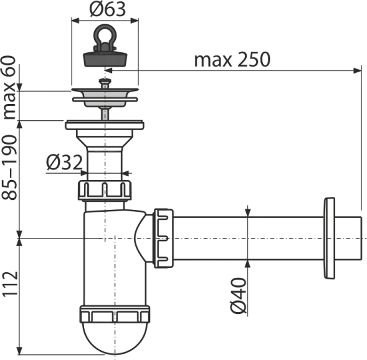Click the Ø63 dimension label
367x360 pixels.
click(x=107, y=9)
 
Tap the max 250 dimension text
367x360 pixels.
click(x=232, y=59)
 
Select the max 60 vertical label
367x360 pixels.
click(x=9, y=88)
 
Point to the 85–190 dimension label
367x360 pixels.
click(x=9, y=168)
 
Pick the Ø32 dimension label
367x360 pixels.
click(x=64, y=162)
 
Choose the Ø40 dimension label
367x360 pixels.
click(x=239, y=295)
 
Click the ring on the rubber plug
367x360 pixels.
click(x=105, y=34)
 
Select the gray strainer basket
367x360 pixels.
click(x=105, y=98)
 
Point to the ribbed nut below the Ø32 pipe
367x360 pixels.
click(x=105, y=191)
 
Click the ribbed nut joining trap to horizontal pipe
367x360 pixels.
click(x=163, y=239)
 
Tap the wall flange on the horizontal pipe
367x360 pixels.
click(x=329, y=238)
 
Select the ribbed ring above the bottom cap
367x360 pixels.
click(x=115, y=314)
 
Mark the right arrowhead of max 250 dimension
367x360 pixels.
click(x=357, y=70)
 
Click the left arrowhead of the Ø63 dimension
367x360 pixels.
click(x=75, y=21)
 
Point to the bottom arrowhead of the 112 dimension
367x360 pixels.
click(x=20, y=351)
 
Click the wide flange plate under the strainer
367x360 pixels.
click(x=105, y=125)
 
